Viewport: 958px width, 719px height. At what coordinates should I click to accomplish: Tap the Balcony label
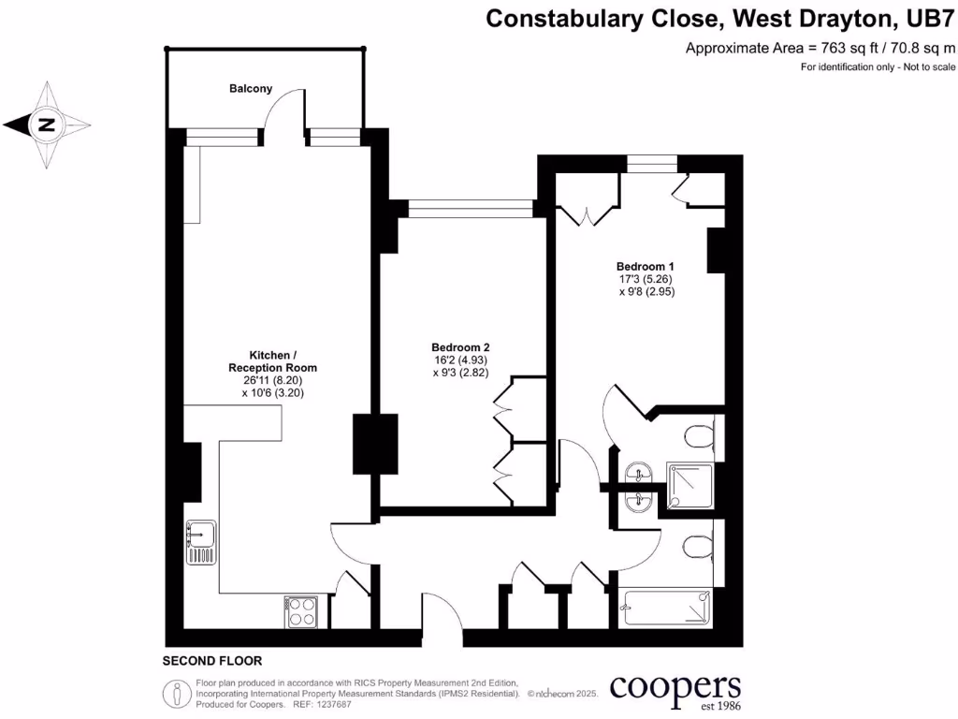point(251,89)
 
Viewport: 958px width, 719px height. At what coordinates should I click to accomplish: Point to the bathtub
point(665,609)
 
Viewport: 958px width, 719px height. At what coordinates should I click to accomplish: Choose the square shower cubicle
point(689,487)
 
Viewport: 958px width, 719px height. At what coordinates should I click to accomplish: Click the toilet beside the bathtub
point(697,547)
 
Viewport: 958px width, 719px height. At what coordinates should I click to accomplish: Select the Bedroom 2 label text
point(460,346)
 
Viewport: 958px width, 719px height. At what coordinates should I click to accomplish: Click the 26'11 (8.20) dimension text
point(272,381)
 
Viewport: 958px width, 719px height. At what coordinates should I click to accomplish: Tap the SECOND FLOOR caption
point(212,660)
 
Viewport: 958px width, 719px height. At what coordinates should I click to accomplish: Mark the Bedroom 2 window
point(471,208)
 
